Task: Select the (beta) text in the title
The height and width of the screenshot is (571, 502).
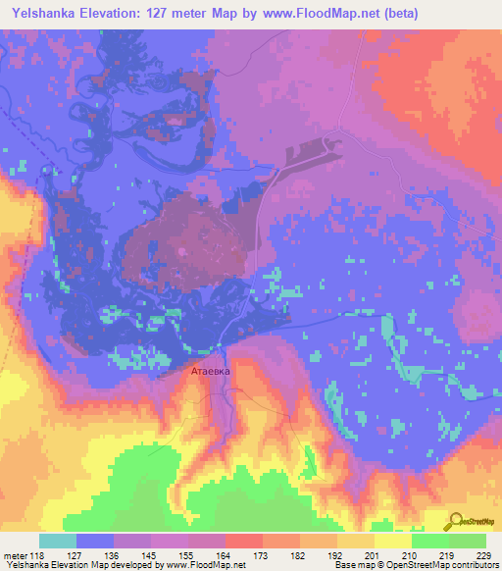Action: point(397,14)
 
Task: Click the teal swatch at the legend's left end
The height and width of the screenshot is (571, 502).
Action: point(58,541)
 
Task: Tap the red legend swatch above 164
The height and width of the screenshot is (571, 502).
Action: point(243,541)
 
